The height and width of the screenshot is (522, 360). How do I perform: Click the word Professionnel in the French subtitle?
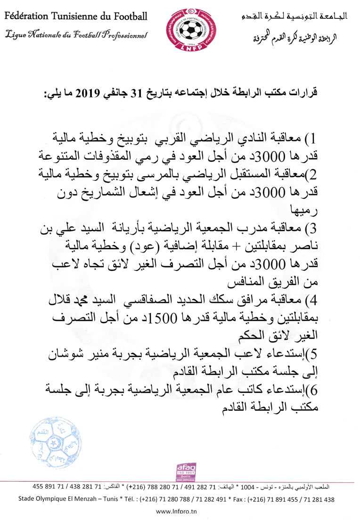click(x=124, y=35)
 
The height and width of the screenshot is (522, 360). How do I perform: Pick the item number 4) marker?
click(x=311, y=300)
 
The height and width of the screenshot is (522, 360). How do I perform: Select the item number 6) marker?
click(x=312, y=391)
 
